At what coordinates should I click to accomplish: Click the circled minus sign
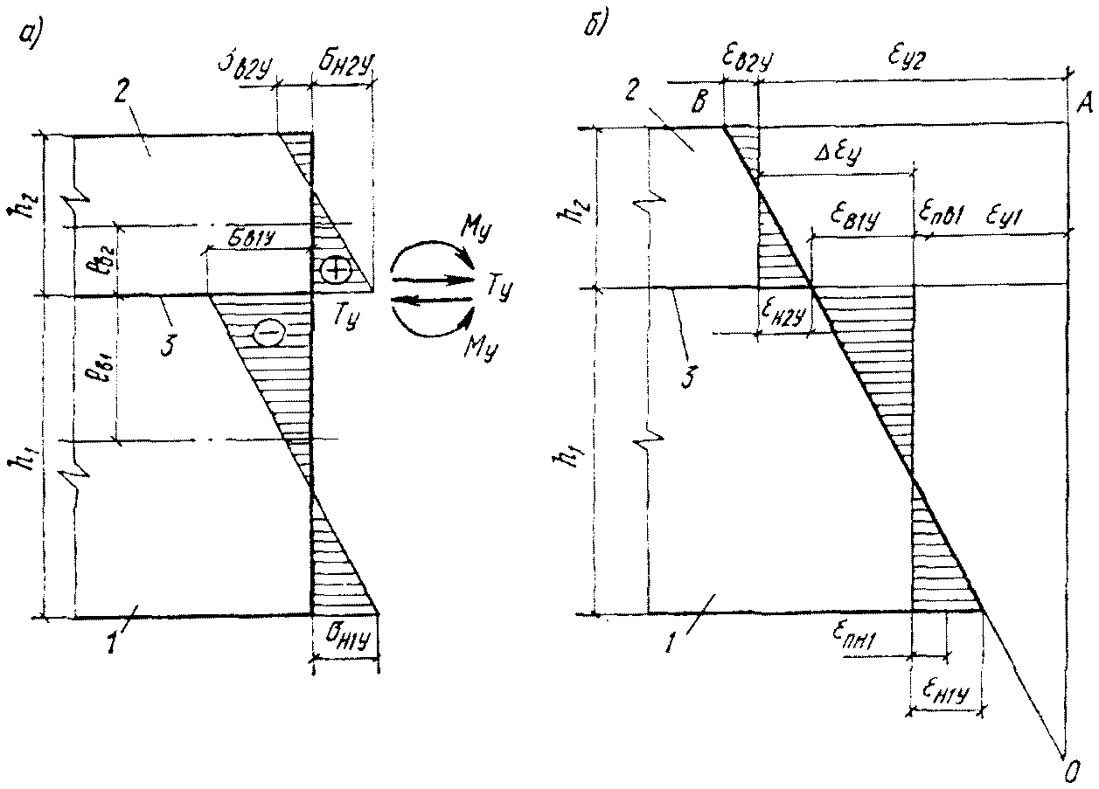270,332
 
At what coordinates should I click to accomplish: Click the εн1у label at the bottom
942,690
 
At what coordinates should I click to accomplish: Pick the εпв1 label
944,215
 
